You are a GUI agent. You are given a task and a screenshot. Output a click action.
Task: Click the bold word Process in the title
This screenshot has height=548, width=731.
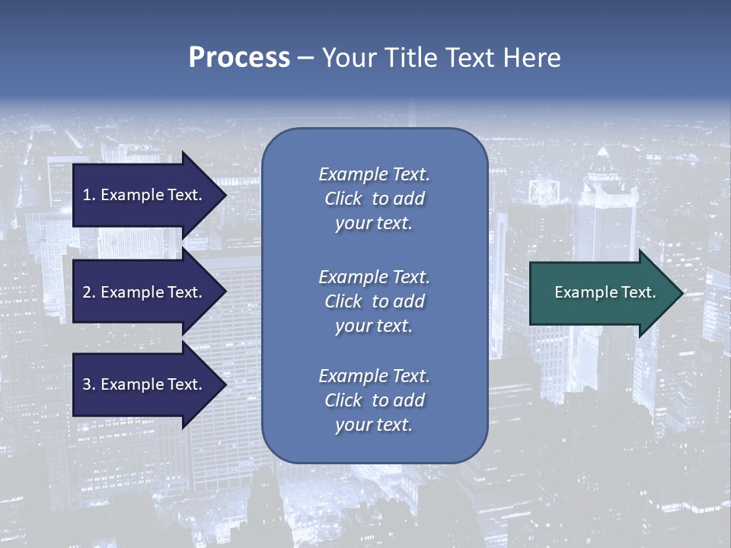point(239,58)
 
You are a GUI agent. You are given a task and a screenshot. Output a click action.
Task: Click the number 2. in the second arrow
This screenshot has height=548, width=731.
point(88,292)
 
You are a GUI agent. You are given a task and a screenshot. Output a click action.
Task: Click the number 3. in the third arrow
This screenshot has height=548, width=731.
point(88,384)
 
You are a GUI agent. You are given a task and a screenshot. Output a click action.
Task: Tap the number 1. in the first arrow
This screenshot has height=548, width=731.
point(88,195)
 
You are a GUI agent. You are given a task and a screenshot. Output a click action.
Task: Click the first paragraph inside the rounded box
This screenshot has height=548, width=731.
point(374,199)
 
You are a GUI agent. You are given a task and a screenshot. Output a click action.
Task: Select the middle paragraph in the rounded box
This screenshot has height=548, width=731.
point(374,301)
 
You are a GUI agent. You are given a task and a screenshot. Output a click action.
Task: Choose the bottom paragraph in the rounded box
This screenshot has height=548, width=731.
point(374,400)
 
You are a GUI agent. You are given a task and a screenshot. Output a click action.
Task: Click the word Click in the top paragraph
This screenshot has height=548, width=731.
point(343,199)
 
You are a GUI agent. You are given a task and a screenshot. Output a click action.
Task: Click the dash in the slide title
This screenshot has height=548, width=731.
point(305,58)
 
